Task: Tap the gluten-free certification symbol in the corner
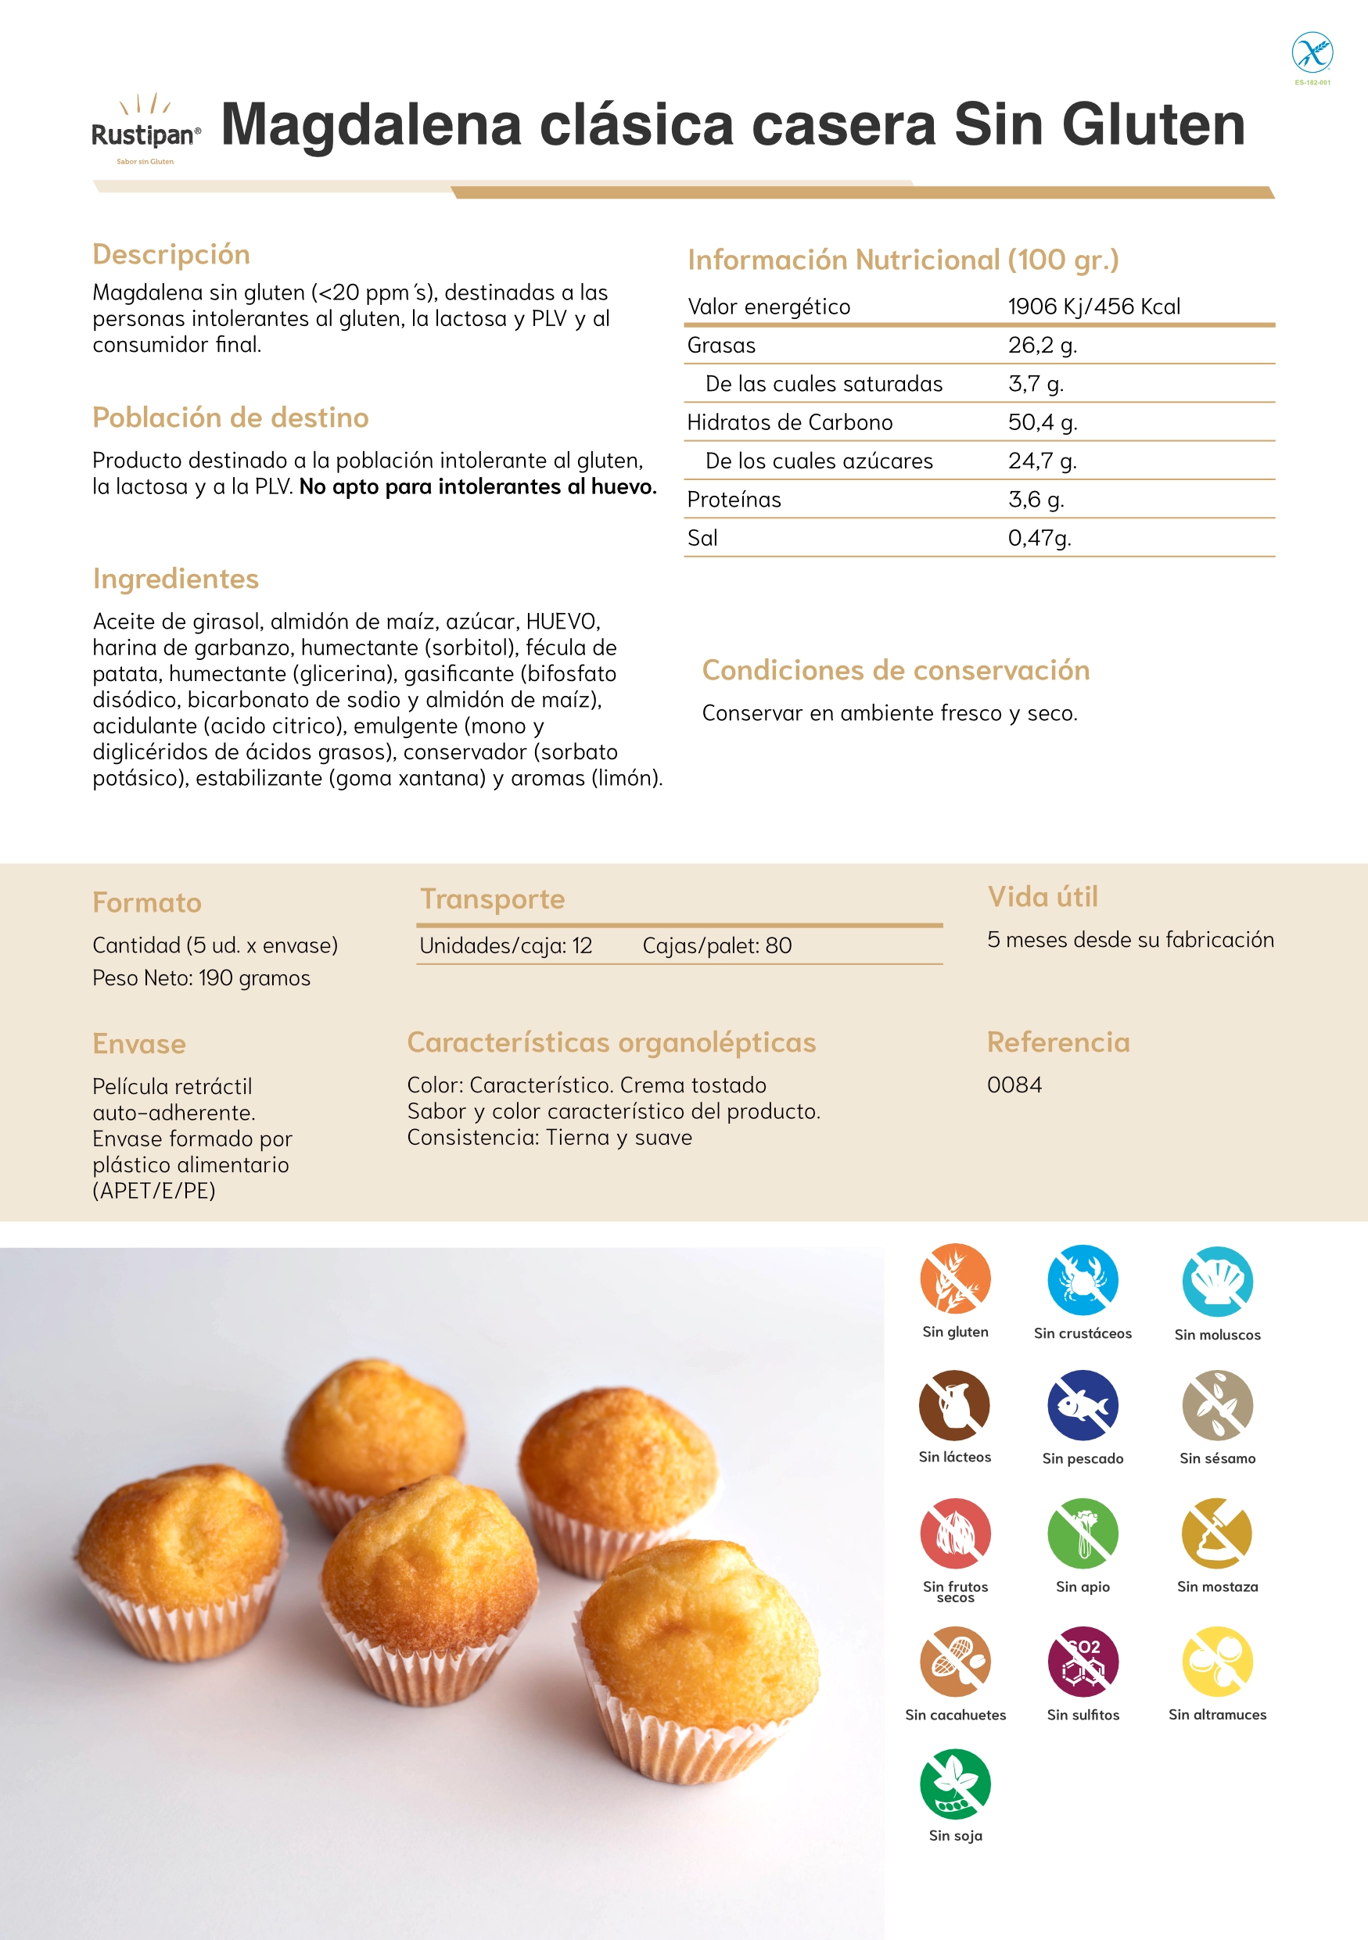click(1312, 53)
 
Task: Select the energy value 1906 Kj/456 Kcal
click(1093, 307)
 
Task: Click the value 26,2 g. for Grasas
click(1042, 346)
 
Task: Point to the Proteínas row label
click(734, 500)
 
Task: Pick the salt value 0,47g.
click(1039, 538)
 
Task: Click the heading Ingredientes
click(176, 579)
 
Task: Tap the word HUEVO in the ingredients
click(562, 622)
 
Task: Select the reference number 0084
click(1014, 1085)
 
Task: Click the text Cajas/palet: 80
click(716, 945)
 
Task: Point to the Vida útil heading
click(1043, 896)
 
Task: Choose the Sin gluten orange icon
click(955, 1278)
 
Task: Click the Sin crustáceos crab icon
click(1083, 1279)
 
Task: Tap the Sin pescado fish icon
click(1083, 1405)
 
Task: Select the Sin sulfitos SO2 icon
click(1083, 1661)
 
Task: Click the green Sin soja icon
click(955, 1784)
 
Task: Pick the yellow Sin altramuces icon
click(1217, 1661)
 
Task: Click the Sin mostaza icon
click(1217, 1533)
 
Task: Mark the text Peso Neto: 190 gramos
click(201, 978)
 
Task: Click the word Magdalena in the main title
click(371, 125)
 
